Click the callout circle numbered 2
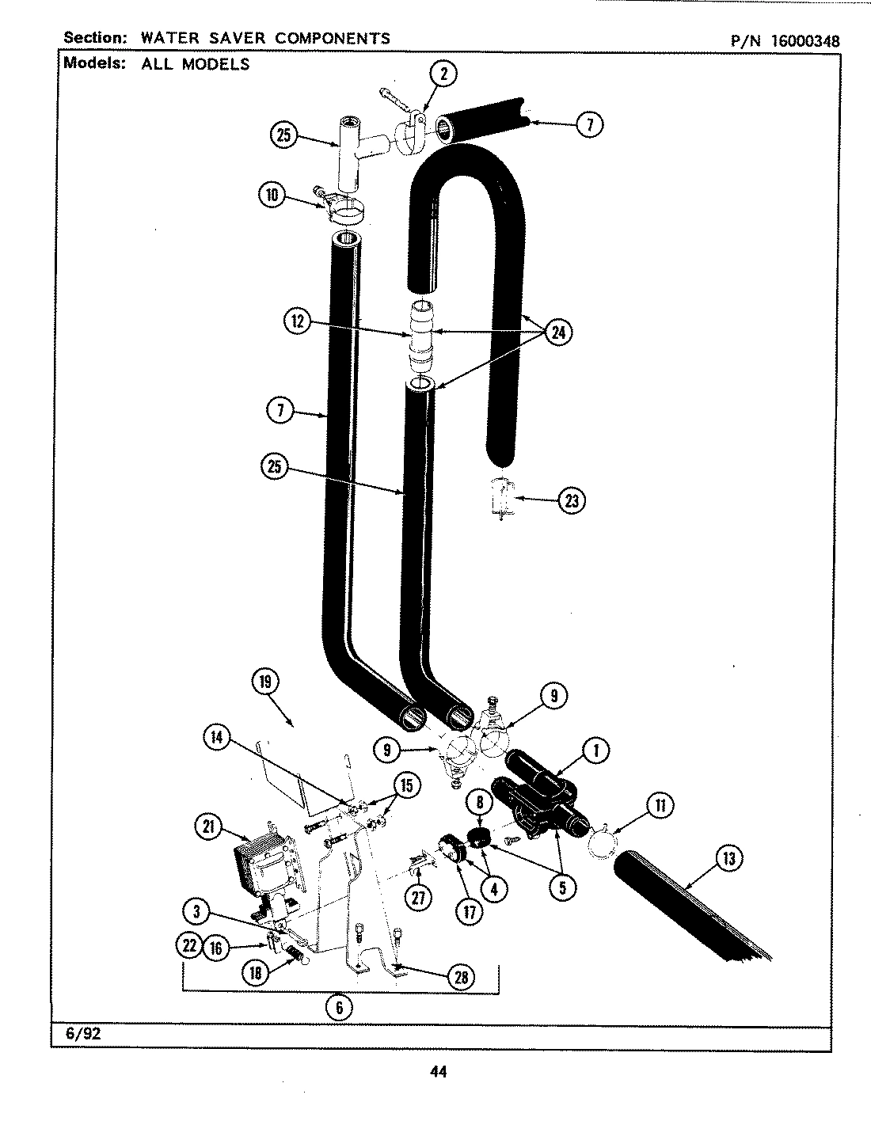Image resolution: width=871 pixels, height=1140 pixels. [x=443, y=74]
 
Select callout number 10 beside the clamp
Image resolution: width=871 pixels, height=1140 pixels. [x=272, y=195]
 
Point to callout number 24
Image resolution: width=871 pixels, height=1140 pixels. [x=558, y=332]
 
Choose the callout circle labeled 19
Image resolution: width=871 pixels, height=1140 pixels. [x=265, y=682]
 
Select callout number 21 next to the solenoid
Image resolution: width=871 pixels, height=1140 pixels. [x=208, y=827]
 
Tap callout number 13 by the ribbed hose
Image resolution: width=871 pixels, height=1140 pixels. [x=729, y=858]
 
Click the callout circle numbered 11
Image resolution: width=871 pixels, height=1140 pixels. [x=659, y=807]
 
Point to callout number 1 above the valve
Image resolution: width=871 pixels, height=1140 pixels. [x=595, y=750]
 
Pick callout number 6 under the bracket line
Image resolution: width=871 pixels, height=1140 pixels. [x=339, y=1006]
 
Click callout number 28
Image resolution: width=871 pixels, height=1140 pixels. [x=460, y=977]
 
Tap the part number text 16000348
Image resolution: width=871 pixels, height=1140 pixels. [x=801, y=40]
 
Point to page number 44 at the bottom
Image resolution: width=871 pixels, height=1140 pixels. [x=438, y=1072]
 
